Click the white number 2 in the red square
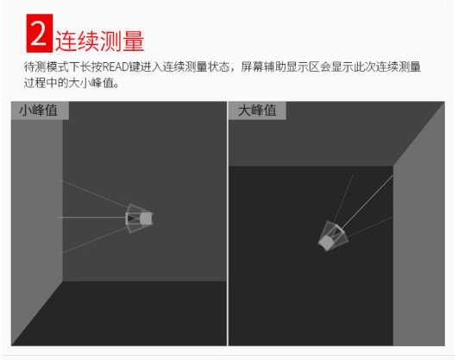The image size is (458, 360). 39,34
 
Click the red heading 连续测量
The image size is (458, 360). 99,41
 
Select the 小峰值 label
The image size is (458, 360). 39,111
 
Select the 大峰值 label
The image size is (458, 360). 257,111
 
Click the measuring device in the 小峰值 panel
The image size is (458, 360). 140,218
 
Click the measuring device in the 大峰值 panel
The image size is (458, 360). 333,236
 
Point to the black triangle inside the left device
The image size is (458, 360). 130,218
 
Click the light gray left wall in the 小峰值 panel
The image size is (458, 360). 37,222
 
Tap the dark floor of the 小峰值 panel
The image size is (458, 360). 131,313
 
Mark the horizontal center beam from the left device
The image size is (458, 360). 92,218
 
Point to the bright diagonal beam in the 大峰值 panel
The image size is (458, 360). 367,202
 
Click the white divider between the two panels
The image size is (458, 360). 228,224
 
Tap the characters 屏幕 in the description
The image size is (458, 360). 252,67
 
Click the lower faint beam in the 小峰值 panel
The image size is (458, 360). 93,240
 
